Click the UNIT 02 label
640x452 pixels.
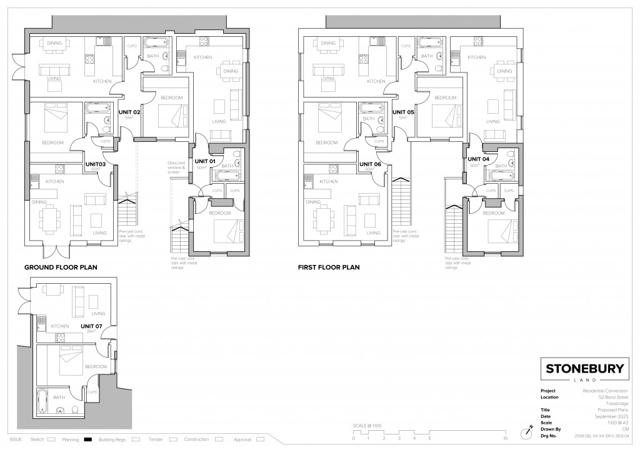click(129, 112)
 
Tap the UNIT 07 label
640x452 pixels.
click(91, 326)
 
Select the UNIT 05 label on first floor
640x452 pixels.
click(403, 112)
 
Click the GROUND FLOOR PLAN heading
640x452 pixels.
click(61, 267)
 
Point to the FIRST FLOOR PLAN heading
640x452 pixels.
click(329, 267)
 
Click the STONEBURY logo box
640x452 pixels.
click(584, 370)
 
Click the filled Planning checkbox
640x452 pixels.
click(88, 439)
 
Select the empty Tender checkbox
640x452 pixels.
click(174, 439)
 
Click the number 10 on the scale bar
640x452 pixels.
click(505, 439)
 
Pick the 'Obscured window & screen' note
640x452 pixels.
click(176, 168)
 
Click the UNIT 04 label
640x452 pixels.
click(479, 159)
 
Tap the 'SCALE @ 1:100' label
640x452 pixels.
click(367, 425)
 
